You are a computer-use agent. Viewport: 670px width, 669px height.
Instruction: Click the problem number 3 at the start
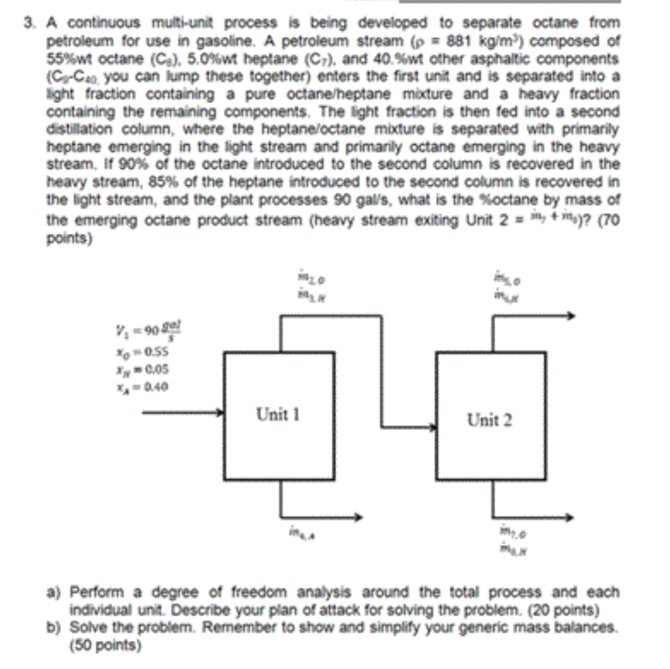[28, 23]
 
